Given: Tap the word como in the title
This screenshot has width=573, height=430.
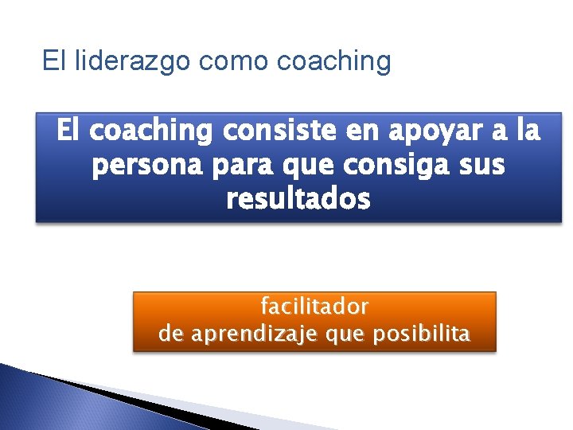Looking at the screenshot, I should click(219, 61).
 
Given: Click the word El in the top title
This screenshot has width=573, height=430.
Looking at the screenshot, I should click(55, 61).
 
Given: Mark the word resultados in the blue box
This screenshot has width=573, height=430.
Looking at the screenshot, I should click(298, 200).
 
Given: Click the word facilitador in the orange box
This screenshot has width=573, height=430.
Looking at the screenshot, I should click(315, 306).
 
